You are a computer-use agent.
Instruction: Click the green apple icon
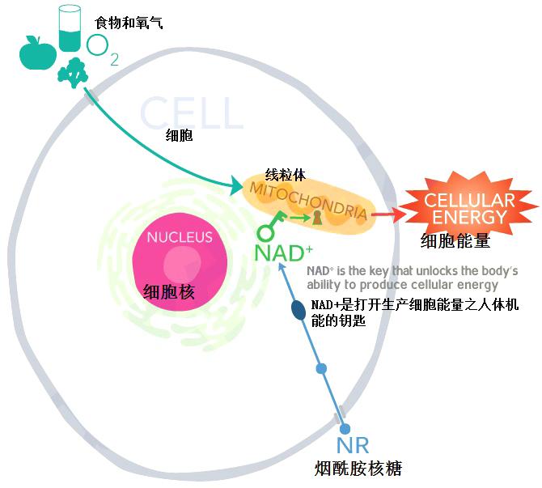[38, 53]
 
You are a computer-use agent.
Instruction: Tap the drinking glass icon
[70, 28]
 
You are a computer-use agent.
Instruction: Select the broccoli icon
[73, 72]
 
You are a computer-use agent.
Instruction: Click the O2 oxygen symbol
[102, 49]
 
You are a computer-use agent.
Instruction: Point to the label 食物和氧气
[129, 23]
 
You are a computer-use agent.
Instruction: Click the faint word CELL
[192, 112]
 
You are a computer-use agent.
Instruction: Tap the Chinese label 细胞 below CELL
[179, 135]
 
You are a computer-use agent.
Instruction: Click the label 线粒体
[286, 175]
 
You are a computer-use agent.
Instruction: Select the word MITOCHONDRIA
[307, 201]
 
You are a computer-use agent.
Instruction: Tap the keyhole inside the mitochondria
[317, 219]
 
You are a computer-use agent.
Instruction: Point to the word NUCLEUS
[180, 237]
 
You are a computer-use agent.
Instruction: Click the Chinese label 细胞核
[169, 292]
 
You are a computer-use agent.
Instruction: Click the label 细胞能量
[455, 240]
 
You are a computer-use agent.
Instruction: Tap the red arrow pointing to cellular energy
[389, 214]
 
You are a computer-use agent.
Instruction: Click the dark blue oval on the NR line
[299, 310]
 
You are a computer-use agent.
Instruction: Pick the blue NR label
[353, 445]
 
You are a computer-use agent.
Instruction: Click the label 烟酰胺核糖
[358, 469]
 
